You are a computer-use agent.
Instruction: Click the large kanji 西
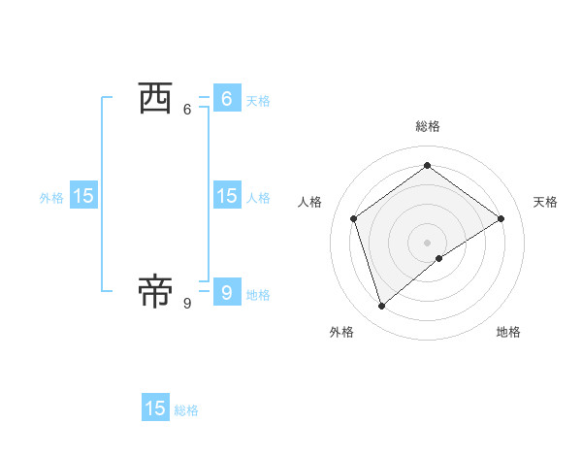tap(155, 98)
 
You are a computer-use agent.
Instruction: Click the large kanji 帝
tap(155, 290)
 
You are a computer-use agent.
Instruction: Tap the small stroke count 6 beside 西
tap(187, 110)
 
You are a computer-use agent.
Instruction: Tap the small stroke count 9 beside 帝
tap(187, 304)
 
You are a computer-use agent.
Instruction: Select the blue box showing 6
tap(226, 98)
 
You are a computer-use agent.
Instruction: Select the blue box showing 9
tap(226, 291)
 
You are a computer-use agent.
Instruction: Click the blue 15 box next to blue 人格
tap(226, 196)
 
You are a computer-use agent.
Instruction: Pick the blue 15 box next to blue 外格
tap(83, 196)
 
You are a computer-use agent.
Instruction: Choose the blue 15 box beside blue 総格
tap(155, 408)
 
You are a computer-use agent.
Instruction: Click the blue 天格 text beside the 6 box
tap(258, 100)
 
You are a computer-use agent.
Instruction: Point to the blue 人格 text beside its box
tap(258, 198)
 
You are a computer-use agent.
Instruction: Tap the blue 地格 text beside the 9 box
tap(258, 294)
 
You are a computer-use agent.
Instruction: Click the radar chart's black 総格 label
tap(428, 126)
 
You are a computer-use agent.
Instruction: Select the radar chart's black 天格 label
tap(546, 202)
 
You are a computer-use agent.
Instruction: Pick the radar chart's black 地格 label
tap(508, 332)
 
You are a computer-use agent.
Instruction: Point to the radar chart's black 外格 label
tap(341, 332)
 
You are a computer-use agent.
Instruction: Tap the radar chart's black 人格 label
tap(310, 202)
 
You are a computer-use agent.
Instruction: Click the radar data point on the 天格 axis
tap(501, 218)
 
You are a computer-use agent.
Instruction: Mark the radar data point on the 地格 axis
tap(439, 258)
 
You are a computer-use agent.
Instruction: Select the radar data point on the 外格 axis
tap(382, 307)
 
